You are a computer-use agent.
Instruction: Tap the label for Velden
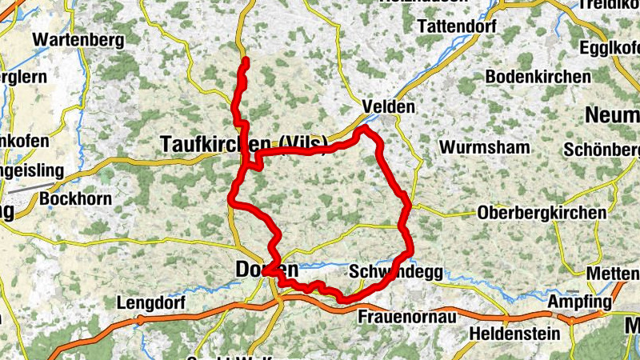tap(389, 106)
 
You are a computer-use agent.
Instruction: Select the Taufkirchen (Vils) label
tap(240, 144)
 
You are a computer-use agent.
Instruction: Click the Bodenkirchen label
tap(538, 77)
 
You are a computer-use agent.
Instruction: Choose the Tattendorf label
tap(457, 26)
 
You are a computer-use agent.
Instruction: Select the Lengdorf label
tap(151, 304)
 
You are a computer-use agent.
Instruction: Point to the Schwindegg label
tap(396, 273)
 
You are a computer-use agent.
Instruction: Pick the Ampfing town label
tap(579, 302)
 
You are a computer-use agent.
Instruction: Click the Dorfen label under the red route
tap(266, 270)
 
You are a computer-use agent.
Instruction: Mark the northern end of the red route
tap(245, 61)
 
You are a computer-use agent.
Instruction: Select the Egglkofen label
tap(609, 46)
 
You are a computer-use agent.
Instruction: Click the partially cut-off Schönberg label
tap(600, 150)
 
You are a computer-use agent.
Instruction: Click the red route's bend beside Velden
tap(365, 129)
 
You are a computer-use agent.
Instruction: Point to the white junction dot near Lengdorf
tap(140, 319)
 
